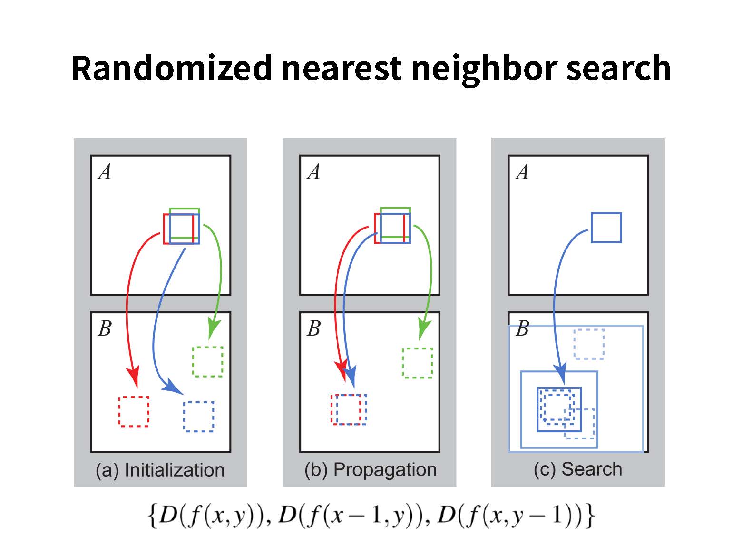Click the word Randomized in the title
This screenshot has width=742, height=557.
172,68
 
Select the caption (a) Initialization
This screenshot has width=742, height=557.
160,470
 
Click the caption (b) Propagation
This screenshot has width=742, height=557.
371,469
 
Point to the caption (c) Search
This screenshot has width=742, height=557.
577,469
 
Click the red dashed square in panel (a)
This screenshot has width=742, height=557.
134,411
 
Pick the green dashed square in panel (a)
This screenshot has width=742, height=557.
207,362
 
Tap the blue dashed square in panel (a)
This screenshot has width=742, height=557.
199,417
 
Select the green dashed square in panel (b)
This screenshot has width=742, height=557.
417,363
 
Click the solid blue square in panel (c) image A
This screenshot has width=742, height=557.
606,228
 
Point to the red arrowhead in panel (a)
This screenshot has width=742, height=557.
133,376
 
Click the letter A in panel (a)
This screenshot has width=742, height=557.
104,171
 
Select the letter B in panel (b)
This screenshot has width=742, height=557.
313,328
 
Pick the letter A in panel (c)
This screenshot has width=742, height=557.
522,171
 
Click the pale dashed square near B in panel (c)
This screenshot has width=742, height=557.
589,344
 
